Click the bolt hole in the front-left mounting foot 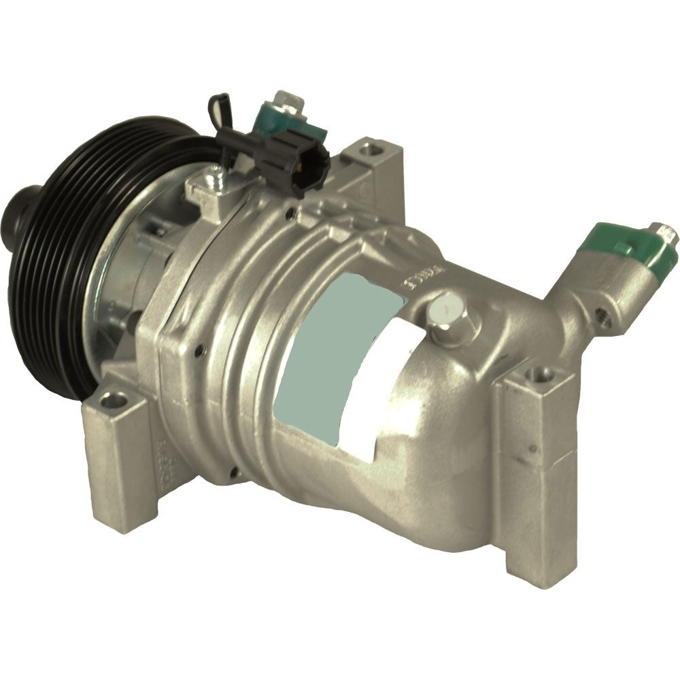tap(109, 401)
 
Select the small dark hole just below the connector tap(290, 216)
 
